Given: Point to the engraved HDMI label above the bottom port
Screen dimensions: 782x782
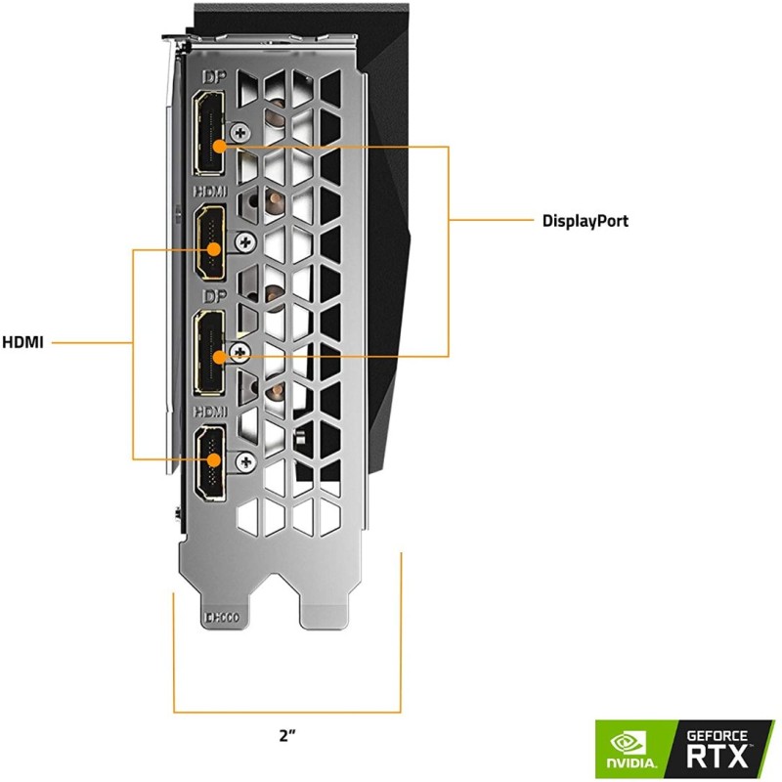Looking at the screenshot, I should [209, 413].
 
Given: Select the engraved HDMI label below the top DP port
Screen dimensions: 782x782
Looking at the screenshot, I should [209, 193].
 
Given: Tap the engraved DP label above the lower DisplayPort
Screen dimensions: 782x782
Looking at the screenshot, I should [209, 295].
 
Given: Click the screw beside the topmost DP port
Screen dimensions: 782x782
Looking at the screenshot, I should [239, 130].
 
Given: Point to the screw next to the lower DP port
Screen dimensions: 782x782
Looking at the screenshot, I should [239, 350].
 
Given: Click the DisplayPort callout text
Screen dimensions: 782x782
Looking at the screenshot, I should [585, 221].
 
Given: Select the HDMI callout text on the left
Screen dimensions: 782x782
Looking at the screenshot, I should [22, 343].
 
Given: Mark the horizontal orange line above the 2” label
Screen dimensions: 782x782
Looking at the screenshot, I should [287, 712].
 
